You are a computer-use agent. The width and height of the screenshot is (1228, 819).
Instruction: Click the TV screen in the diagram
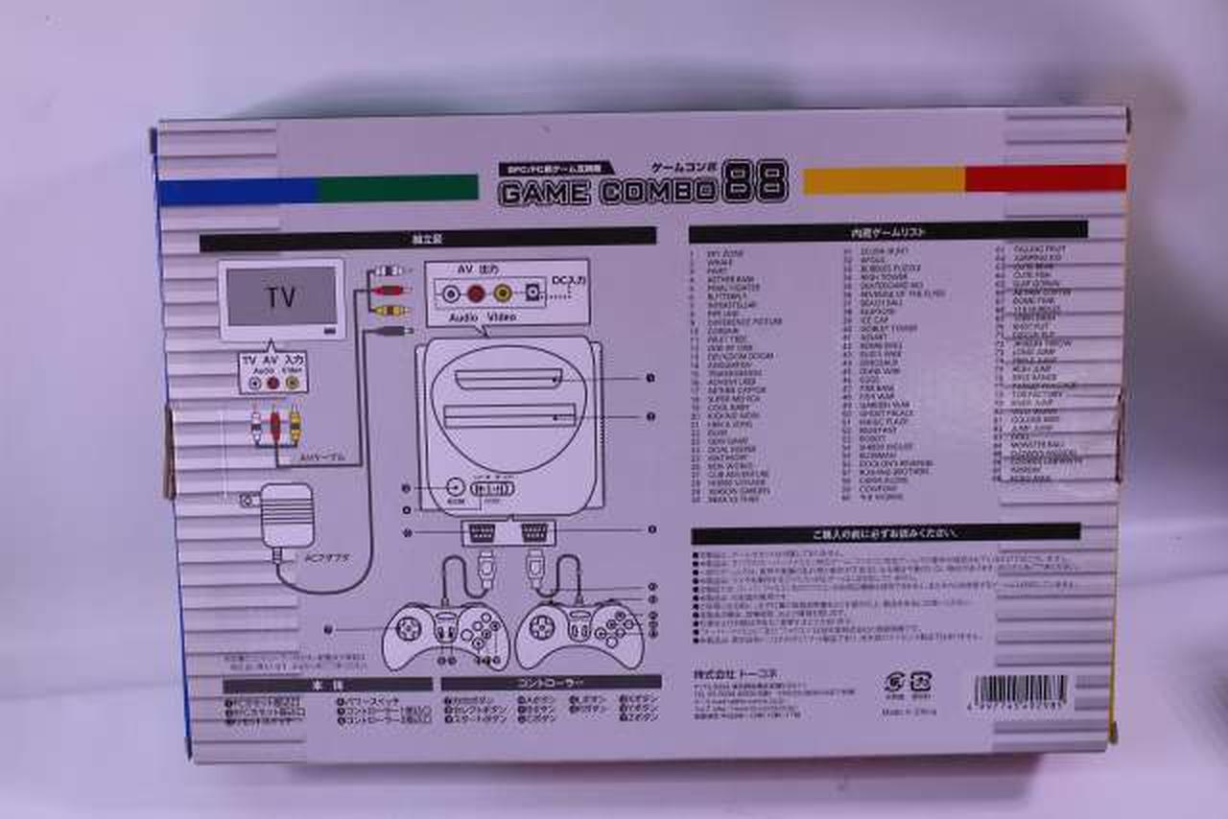coord(281,296)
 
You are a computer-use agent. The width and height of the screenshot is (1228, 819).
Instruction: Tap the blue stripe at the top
coord(237,191)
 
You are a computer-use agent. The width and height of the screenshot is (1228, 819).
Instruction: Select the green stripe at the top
coord(398,187)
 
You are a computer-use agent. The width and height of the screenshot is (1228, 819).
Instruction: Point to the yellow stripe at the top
coord(883,180)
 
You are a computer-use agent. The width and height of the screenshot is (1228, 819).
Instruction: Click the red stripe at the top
coord(1045,177)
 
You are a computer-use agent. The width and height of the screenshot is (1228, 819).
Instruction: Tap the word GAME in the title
coord(544,193)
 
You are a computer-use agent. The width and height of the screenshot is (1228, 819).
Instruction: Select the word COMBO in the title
coord(658,192)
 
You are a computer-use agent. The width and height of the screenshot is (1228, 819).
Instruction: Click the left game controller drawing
coord(443,633)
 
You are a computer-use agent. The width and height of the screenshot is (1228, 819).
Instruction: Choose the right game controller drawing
coord(579,633)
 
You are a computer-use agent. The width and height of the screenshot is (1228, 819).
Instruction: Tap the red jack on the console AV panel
coord(477,291)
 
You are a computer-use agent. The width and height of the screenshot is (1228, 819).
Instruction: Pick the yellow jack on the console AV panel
coord(503,291)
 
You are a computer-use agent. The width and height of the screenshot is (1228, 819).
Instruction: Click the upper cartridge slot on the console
coord(509,381)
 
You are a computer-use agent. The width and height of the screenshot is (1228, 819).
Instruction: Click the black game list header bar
coord(887,231)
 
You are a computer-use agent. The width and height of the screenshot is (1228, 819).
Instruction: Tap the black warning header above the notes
coord(885,533)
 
